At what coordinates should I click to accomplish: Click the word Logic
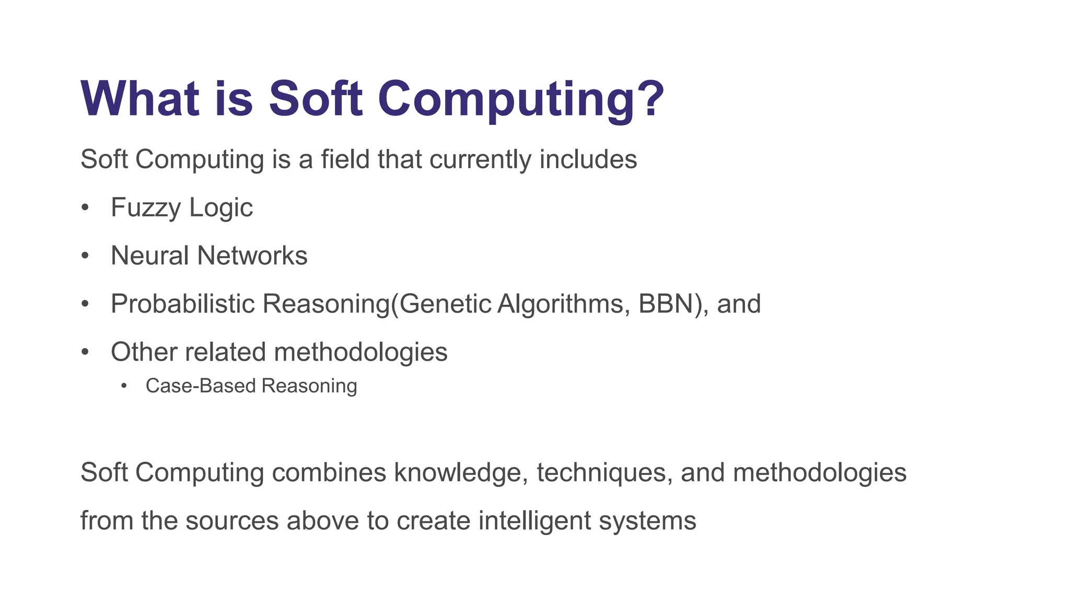(221, 208)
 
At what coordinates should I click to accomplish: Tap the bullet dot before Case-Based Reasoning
(124, 386)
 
